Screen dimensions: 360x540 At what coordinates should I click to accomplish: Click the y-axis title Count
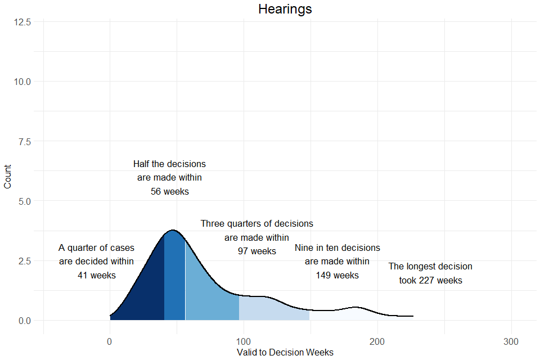tap(8, 177)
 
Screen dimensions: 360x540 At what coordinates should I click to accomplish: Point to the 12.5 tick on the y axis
tap(22, 21)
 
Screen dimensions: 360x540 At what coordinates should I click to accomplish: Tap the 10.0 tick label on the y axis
tap(22, 82)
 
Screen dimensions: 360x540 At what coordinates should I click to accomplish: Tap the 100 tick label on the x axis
tap(243, 341)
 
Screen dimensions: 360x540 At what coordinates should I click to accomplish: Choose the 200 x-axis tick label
tap(377, 341)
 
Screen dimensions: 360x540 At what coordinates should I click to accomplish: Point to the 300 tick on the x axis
tap(511, 341)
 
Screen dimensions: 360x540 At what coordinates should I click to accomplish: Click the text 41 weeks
tap(97, 276)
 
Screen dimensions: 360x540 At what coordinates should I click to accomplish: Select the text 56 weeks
tap(170, 191)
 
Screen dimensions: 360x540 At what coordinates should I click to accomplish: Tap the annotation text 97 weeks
tap(257, 251)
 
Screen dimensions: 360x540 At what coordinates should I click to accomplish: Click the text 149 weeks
tap(337, 276)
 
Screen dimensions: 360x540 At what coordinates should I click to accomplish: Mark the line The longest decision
tap(430, 267)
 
